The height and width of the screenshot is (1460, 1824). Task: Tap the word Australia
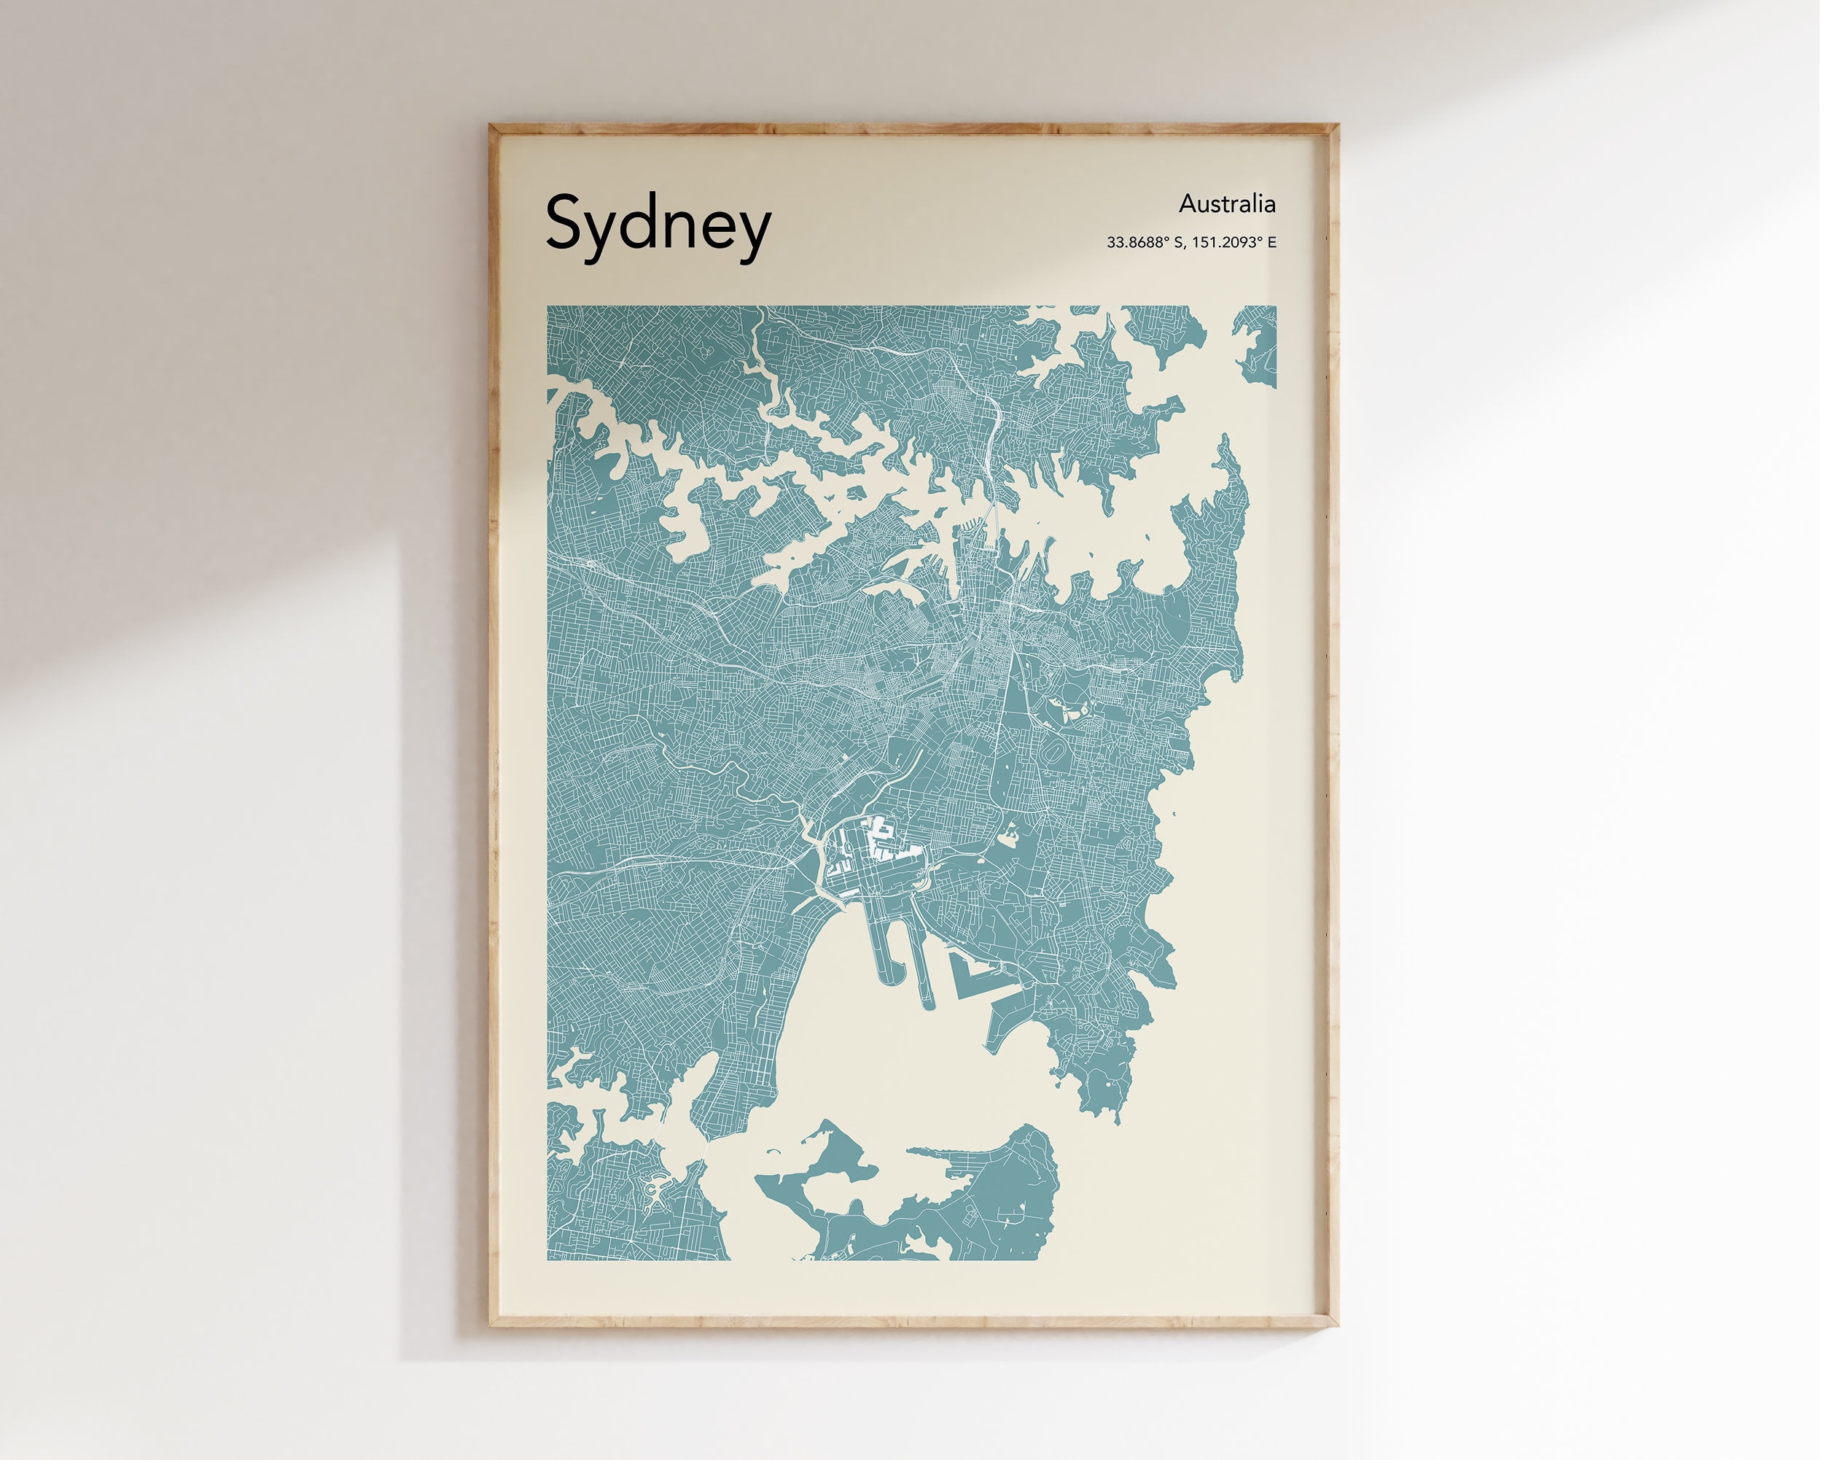1227,204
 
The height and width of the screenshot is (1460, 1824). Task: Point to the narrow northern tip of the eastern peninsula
1223,443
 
